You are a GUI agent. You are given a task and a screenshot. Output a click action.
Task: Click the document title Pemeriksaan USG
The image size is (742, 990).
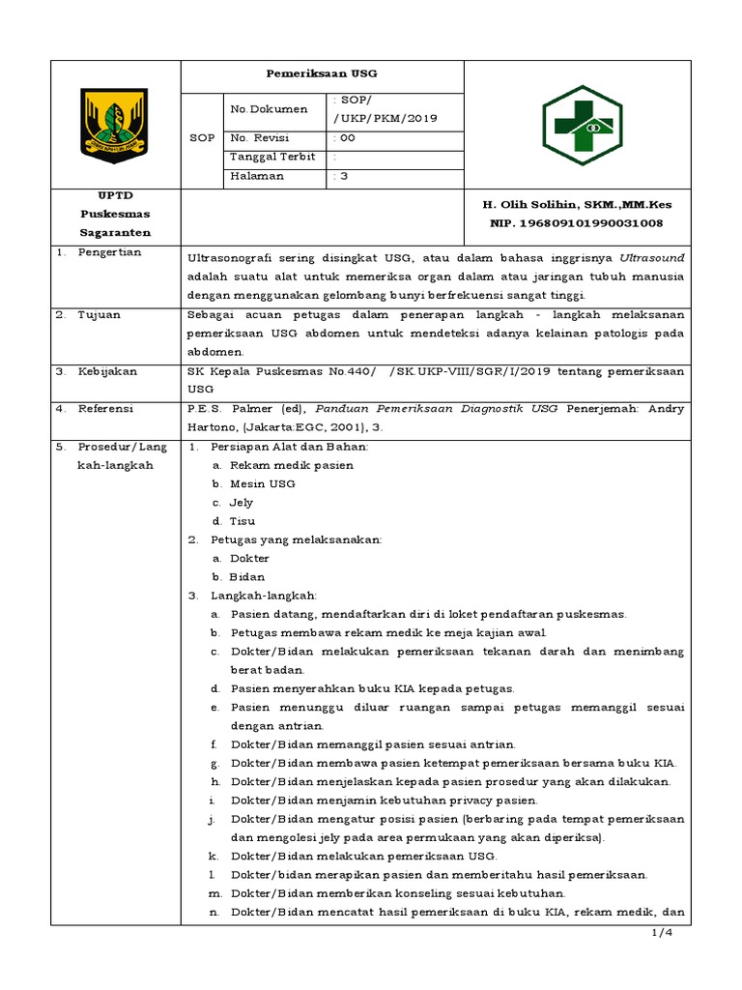[x=323, y=73]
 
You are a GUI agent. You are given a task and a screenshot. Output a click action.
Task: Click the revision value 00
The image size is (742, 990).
[x=344, y=137]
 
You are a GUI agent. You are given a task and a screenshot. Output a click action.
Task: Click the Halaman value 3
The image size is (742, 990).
[x=339, y=176]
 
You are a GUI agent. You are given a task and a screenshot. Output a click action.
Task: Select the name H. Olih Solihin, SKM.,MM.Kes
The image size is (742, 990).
[x=577, y=204]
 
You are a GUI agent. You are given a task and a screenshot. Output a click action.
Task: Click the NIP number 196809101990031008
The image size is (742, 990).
[x=578, y=223]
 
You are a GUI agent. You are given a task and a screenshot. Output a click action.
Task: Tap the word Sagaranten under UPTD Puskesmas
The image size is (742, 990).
[x=115, y=233]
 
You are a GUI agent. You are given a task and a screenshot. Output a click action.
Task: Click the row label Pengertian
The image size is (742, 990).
[x=110, y=252]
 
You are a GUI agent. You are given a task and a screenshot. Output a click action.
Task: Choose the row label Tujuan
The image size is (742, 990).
[x=100, y=315]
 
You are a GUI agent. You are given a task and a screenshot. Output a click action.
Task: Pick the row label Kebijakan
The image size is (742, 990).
[x=107, y=371]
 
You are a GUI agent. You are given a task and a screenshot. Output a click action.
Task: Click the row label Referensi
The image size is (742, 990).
[x=107, y=409]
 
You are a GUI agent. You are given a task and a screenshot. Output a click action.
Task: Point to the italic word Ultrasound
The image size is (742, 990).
[x=652, y=257]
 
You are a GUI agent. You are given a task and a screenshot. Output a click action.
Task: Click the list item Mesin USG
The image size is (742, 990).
[x=262, y=483]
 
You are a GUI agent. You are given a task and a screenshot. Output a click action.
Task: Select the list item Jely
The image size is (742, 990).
[x=241, y=503]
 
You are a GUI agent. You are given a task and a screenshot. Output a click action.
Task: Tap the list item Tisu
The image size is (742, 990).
[x=242, y=521]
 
